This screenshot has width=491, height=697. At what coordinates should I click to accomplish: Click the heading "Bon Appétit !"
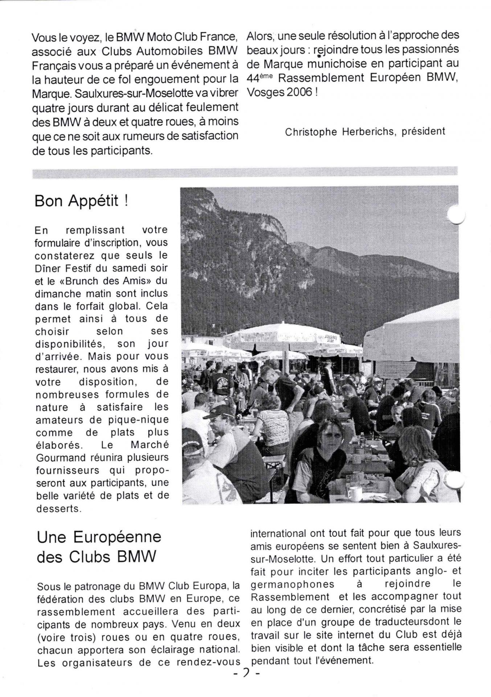(81, 201)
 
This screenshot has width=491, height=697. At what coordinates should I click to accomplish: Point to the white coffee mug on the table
(354, 493)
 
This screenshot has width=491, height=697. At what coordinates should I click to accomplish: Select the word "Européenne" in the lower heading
(117, 537)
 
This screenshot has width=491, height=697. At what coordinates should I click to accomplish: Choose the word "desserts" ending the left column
(58, 509)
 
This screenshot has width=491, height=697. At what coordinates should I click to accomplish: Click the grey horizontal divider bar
(245, 172)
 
